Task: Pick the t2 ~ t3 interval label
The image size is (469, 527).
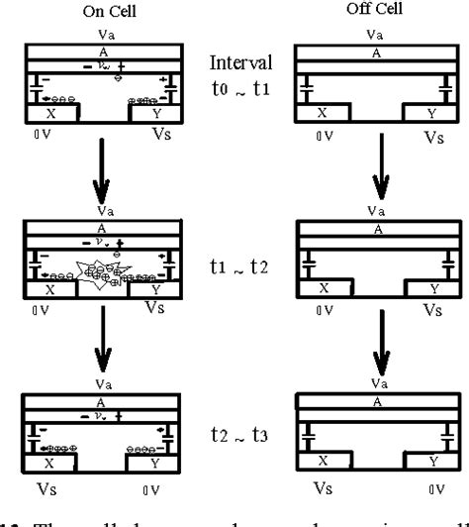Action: click(x=234, y=432)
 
